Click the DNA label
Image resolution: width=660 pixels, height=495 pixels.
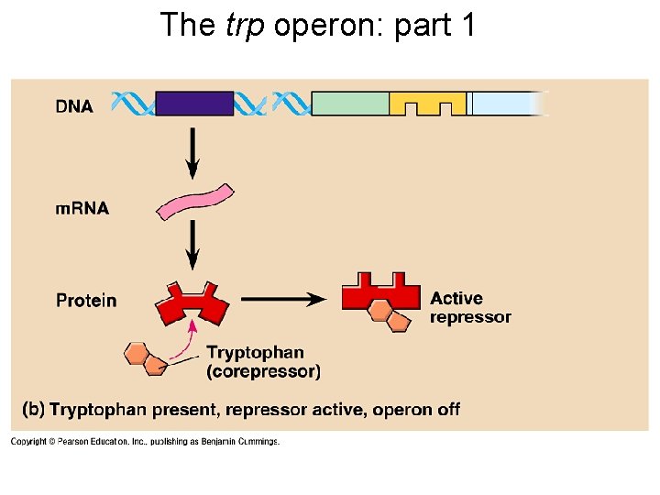point(74,106)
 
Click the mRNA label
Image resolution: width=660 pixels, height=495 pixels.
point(82,208)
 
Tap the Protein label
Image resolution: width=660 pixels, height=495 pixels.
point(86,300)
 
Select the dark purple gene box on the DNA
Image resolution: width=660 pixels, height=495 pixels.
point(194,103)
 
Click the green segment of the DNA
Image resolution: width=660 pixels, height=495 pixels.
point(350,103)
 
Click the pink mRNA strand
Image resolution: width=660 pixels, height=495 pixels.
point(195,203)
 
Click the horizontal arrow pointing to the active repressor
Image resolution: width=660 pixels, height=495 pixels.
point(284,299)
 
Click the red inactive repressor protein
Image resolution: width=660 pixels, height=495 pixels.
point(192,302)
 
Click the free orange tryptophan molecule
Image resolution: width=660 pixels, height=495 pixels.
point(146,357)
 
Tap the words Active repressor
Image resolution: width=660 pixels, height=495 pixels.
point(469,307)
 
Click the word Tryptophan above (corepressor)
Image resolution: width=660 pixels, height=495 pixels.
point(255,353)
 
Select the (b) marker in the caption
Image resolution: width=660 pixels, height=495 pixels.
point(34,409)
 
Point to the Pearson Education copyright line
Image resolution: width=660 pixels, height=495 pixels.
point(145,442)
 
